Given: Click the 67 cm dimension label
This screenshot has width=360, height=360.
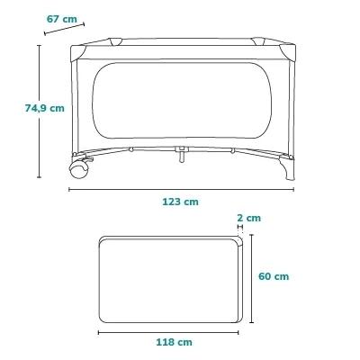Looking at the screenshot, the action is click(62, 19).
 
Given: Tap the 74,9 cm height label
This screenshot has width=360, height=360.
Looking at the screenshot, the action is click(45, 108).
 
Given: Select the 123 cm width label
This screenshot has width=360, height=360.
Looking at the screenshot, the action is click(180, 202).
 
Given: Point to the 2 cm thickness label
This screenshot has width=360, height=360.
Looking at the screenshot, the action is click(248, 218).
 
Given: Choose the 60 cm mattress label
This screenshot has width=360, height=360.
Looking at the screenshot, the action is click(274, 276).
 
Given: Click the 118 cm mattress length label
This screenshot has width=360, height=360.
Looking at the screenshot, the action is click(174, 342).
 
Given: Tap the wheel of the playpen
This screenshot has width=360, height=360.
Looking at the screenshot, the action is click(79, 169).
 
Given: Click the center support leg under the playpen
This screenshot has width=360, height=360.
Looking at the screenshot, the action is click(182, 154).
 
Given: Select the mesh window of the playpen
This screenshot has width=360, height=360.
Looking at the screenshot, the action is click(182, 101).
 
